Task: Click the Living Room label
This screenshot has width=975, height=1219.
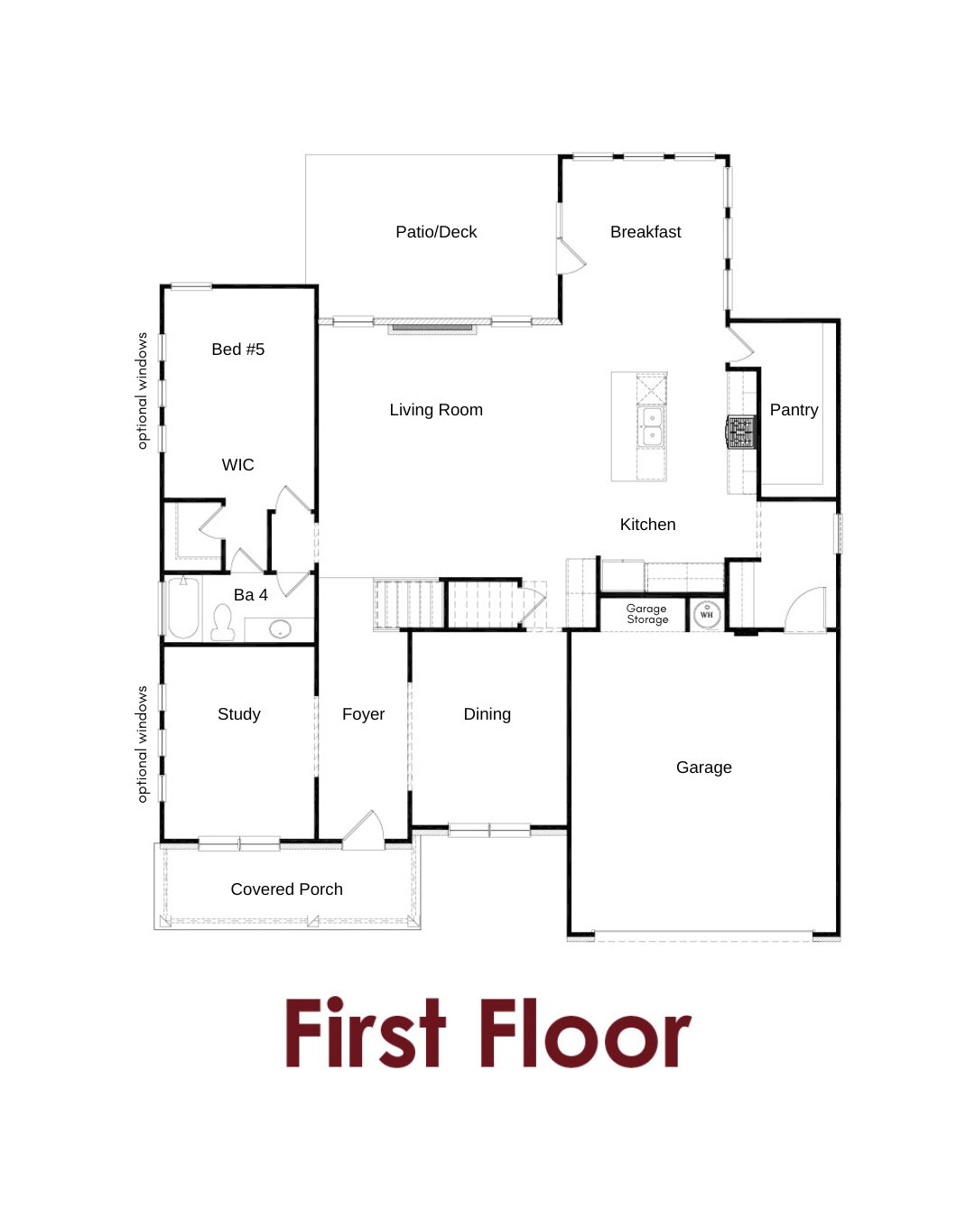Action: click(436, 410)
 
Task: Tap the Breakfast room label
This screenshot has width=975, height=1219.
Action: click(645, 232)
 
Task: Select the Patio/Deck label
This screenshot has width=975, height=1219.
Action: click(436, 232)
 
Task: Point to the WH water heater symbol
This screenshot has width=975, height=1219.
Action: click(707, 614)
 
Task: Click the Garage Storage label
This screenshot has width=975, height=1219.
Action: click(647, 614)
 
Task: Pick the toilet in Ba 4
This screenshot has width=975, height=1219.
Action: click(223, 622)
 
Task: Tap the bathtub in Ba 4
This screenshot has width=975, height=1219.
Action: click(183, 608)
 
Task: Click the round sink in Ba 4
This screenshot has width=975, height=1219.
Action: click(280, 628)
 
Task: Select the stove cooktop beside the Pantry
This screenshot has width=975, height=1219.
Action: click(741, 433)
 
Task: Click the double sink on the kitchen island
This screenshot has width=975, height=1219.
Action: click(652, 426)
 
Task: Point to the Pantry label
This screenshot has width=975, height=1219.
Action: click(794, 410)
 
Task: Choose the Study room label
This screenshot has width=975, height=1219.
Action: click(239, 713)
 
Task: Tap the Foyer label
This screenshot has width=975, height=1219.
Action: click(363, 713)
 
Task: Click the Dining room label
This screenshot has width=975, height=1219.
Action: click(487, 713)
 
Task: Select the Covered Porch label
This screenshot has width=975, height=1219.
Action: click(287, 889)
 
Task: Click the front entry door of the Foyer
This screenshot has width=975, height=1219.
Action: click(363, 831)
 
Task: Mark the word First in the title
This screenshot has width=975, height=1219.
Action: click(366, 1033)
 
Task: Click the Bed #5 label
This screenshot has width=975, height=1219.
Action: click(238, 349)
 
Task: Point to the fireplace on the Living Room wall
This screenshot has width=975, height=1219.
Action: click(432, 328)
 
